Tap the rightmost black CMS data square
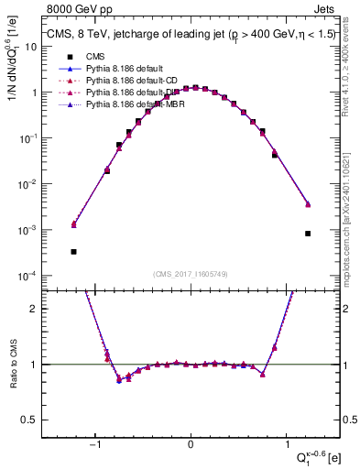(x=308, y=234)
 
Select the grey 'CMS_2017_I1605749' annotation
(x=191, y=274)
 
